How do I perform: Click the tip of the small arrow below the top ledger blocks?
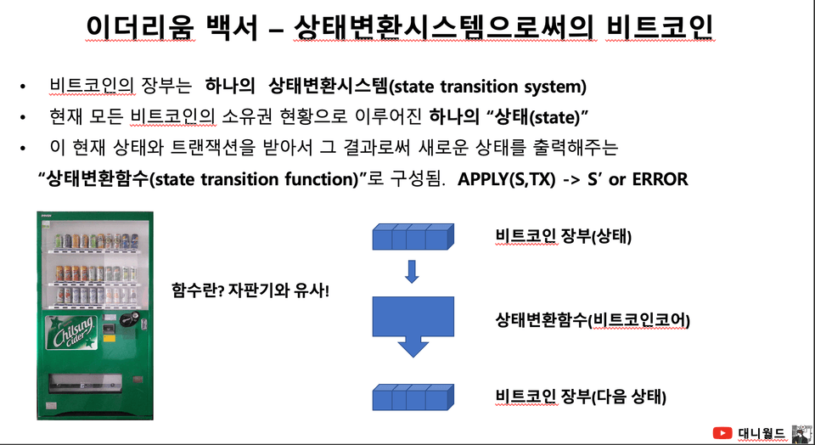[x=412, y=283]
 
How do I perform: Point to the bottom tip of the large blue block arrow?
[x=413, y=358]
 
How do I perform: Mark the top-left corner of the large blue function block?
[x=373, y=297]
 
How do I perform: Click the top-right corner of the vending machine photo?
[x=154, y=211]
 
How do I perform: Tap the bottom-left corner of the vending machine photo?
[x=37, y=420]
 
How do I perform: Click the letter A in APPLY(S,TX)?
[x=464, y=179]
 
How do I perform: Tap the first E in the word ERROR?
[x=637, y=179]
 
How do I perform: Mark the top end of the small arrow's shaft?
[x=412, y=261]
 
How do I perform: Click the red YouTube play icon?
[x=722, y=433]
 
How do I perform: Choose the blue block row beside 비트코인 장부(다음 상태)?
[x=413, y=397]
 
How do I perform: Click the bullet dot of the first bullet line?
[x=22, y=87]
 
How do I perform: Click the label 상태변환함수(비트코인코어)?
[x=593, y=320]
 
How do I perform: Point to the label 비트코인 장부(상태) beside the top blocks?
[x=564, y=237]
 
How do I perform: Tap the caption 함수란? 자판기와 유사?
[x=250, y=290]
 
